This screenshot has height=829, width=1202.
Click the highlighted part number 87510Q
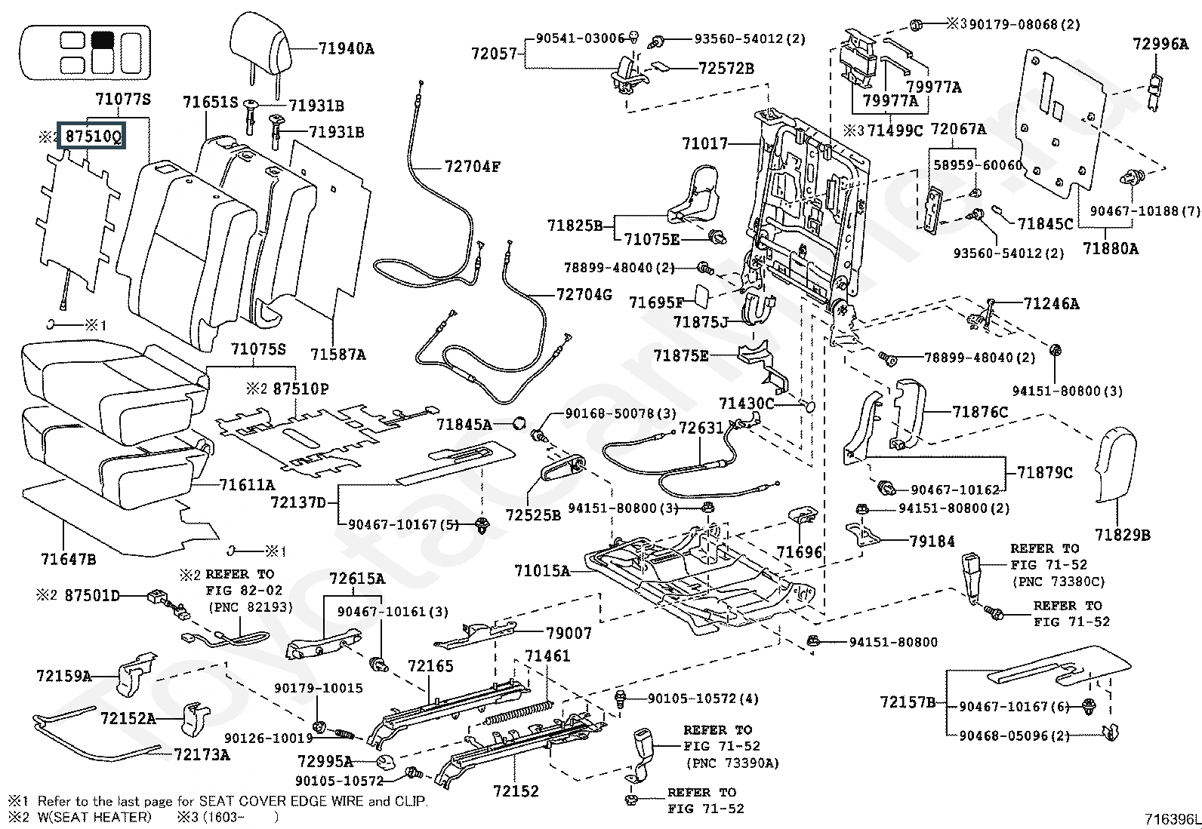(93, 137)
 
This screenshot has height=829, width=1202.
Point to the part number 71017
(704, 143)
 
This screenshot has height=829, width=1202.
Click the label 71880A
(1110, 247)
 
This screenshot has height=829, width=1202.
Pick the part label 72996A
(1160, 44)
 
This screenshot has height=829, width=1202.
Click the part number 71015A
(542, 570)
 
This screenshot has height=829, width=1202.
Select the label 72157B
(908, 702)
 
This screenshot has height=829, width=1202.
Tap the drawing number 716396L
(1172, 818)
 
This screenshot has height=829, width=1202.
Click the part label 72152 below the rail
(516, 791)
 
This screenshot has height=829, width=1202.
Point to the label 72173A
(202, 754)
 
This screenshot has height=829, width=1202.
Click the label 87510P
(300, 388)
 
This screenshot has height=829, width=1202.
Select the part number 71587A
(337, 353)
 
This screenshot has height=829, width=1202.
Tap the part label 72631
(701, 428)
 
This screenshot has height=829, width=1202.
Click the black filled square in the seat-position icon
(102, 41)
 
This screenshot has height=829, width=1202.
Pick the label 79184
(932, 541)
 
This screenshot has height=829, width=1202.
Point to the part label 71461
(547, 656)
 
